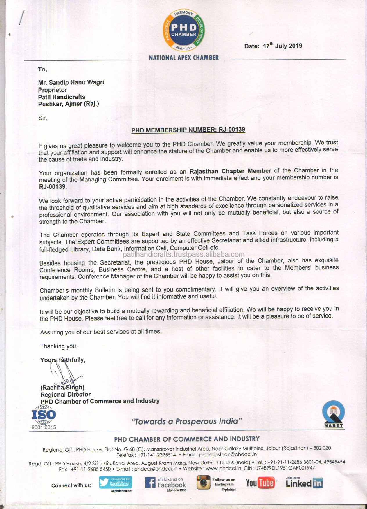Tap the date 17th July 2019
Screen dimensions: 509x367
coord(282,46)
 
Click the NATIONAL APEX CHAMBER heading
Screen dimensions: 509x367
coord(183,58)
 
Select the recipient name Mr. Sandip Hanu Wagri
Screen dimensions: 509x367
coord(71,82)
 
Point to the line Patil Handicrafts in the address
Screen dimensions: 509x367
coord(62,97)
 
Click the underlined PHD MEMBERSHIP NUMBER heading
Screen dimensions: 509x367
coord(188,130)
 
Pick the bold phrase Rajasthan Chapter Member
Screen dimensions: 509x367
coord(230,171)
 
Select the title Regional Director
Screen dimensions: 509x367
coord(66,395)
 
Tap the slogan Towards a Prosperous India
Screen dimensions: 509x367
coord(187,421)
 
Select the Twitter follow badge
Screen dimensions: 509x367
coord(116,483)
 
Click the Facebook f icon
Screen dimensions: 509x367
coord(150,483)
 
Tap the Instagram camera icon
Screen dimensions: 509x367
coord(203,483)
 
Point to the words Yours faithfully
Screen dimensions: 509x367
coord(63,360)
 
